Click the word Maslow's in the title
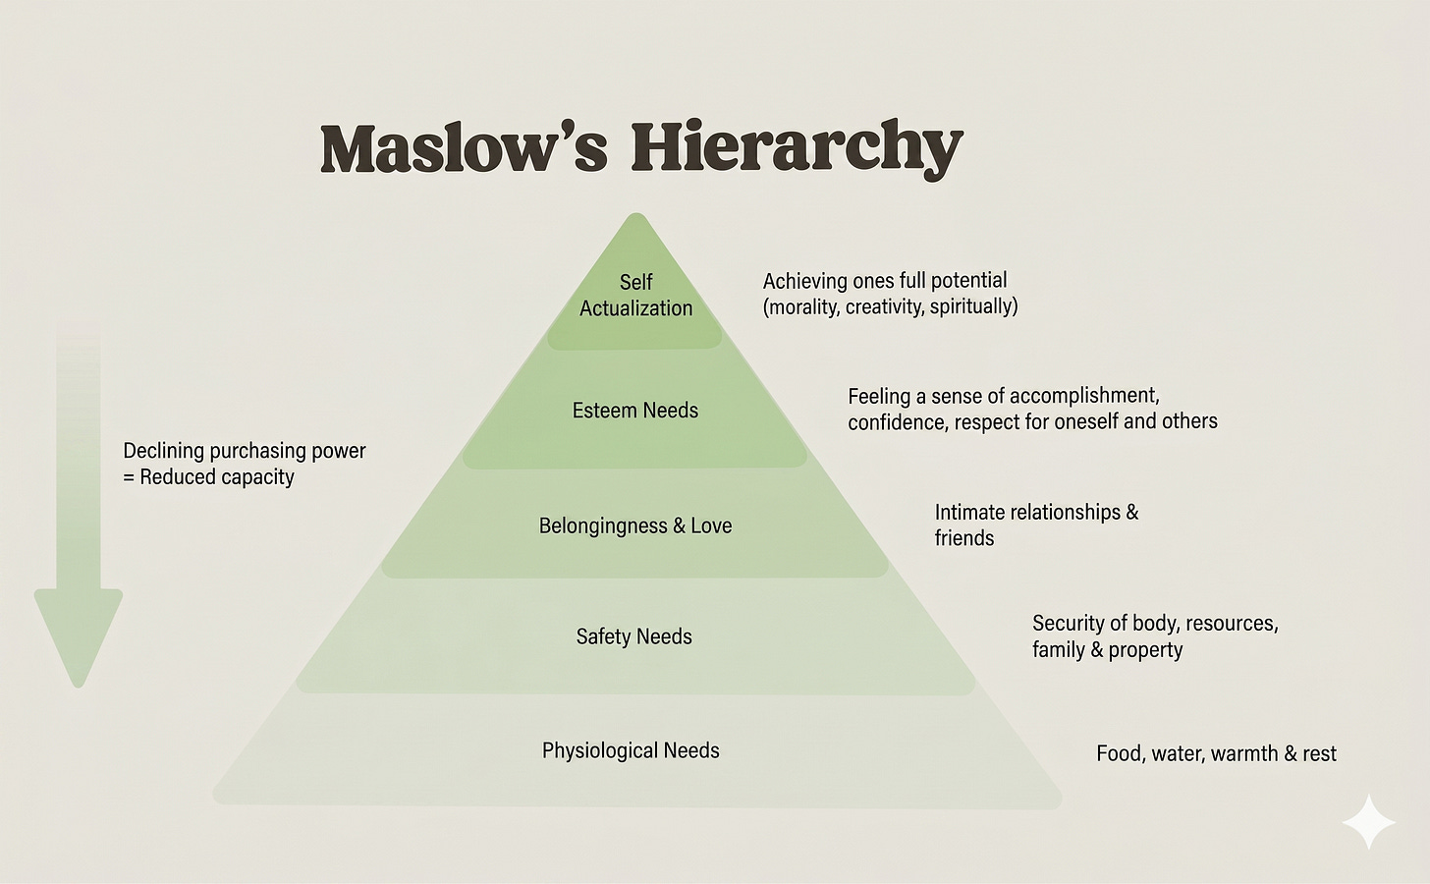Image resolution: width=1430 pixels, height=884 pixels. pos(464,147)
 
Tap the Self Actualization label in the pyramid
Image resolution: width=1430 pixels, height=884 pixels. pos(635,295)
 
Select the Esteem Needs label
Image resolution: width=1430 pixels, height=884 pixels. pos(635,411)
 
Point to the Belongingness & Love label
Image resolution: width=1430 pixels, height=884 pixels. pos(635,525)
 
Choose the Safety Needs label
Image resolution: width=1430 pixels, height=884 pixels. pos(633,636)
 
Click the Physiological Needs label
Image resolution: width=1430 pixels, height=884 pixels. pos(631,750)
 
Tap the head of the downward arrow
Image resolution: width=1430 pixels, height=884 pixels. pos(78,638)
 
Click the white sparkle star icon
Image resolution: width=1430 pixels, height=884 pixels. pos(1368,822)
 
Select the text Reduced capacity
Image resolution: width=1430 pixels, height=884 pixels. pos(217,477)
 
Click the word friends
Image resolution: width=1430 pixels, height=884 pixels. pos(964,538)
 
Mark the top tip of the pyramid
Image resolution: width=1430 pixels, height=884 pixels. pos(635,213)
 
